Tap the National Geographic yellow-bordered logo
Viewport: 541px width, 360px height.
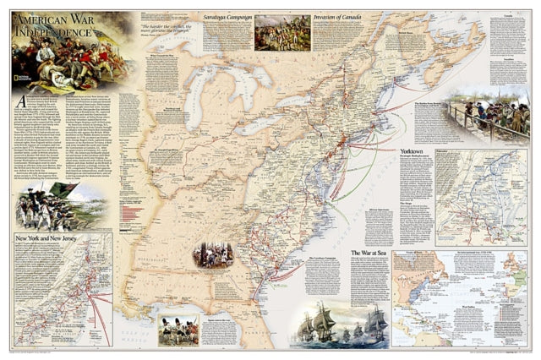19,84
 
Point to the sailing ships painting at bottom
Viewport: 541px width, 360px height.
338,325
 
